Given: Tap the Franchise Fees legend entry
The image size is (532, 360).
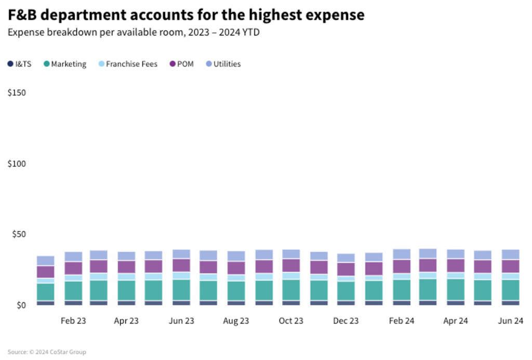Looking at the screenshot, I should pyautogui.click(x=128, y=64).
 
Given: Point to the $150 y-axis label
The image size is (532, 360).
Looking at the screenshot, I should pyautogui.click(x=17, y=92).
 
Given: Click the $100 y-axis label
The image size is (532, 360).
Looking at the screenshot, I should pyautogui.click(x=17, y=163).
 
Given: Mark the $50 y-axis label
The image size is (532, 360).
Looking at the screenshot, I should pyautogui.click(x=19, y=234).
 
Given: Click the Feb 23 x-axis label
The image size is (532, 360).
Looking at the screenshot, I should pyautogui.click(x=73, y=321).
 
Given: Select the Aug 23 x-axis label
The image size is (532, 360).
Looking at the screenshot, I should pyautogui.click(x=236, y=321).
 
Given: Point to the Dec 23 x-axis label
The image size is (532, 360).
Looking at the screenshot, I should pyautogui.click(x=345, y=321).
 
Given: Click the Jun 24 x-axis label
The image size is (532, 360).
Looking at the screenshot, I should pyautogui.click(x=510, y=321).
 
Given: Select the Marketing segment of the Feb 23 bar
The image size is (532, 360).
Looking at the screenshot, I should pyautogui.click(x=73, y=290).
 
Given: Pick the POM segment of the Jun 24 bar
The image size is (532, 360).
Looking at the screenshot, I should pyautogui.click(x=510, y=266).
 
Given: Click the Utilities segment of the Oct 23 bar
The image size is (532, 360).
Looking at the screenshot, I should pyautogui.click(x=291, y=254).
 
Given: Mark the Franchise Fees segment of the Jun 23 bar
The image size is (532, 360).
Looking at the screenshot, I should pyautogui.click(x=181, y=275).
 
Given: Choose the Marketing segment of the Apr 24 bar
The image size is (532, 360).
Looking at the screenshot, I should pyautogui.click(x=456, y=289).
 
